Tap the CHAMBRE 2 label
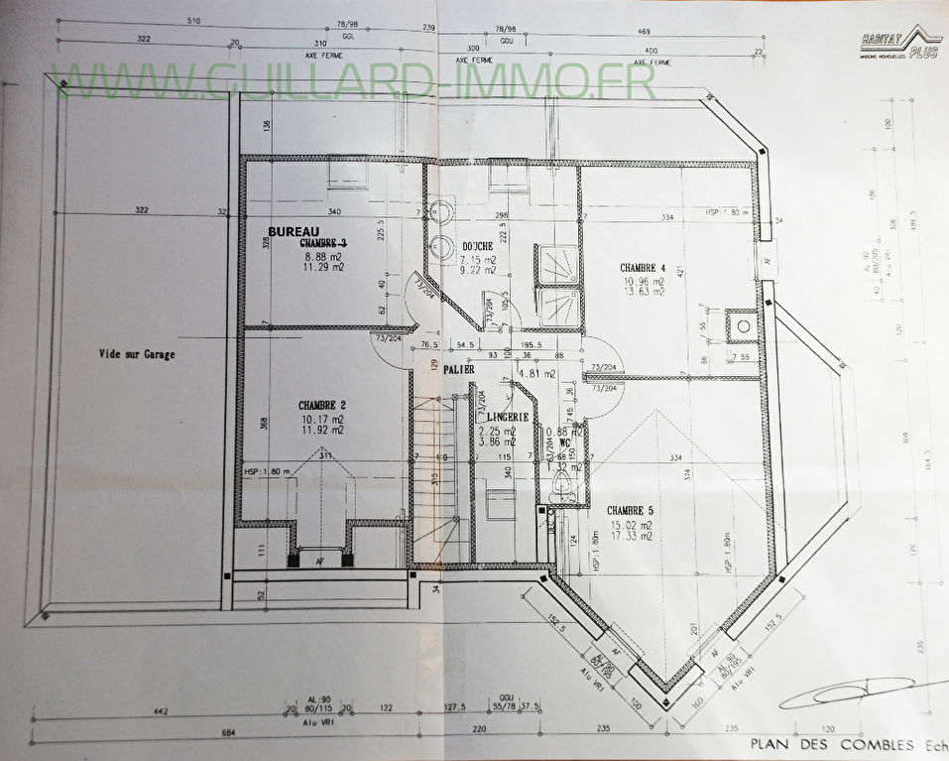(322, 405)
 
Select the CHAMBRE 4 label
(644, 268)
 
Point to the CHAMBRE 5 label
(631, 510)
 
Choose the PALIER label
(458, 369)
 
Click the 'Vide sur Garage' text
(138, 353)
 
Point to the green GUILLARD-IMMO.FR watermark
(357, 83)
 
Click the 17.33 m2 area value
(631, 536)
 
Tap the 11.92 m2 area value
(322, 433)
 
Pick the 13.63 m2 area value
(644, 293)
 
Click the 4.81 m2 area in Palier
(535, 375)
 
